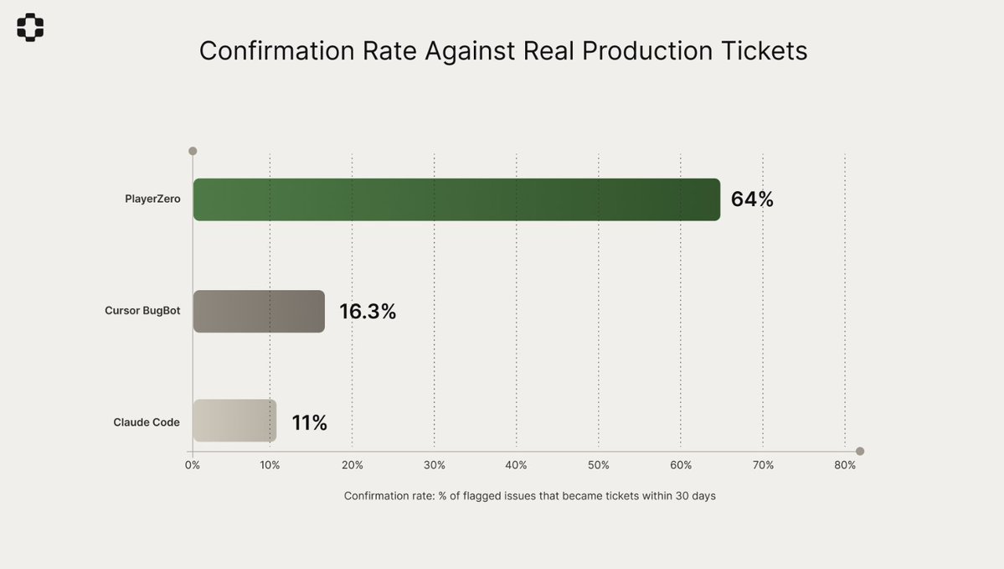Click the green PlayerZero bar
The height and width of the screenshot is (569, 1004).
point(456,199)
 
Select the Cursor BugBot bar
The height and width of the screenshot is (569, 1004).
point(259,312)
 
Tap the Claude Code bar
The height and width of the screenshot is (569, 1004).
point(234,421)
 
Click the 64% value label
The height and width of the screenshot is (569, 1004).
point(752,199)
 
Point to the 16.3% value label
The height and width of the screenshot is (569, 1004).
point(368,312)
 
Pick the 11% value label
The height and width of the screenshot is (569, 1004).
point(309,422)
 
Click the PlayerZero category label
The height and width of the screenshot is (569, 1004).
point(152,199)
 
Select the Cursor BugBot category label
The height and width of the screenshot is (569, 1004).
point(142,311)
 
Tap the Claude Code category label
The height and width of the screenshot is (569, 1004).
point(147,422)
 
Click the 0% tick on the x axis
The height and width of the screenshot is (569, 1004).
point(193,465)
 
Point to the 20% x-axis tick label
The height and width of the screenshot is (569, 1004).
point(352,465)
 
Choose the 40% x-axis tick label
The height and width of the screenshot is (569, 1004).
point(516,465)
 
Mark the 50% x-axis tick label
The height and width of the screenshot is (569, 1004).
point(598,465)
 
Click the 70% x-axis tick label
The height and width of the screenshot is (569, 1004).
point(763,465)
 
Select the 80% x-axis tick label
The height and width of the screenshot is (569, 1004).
point(845,465)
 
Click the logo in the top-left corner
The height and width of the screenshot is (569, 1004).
point(30,28)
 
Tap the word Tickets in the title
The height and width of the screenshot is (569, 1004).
point(764,51)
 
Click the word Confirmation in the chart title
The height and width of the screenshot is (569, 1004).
point(277,51)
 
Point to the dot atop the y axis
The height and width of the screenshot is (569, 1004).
point(193,151)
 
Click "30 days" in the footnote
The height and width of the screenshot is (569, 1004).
point(695,496)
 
